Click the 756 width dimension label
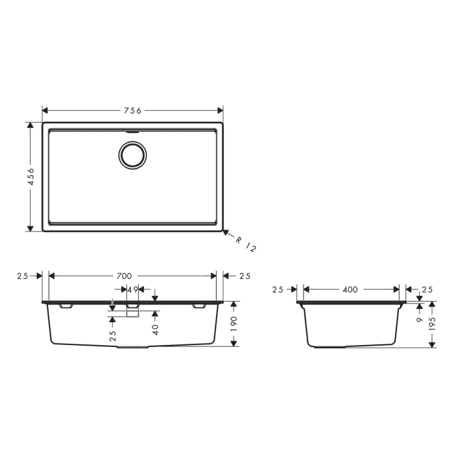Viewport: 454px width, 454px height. pyautogui.click(x=132, y=110)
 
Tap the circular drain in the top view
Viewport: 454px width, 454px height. pyautogui.click(x=132, y=156)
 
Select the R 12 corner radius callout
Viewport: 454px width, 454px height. pyautogui.click(x=246, y=245)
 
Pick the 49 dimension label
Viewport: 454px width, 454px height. pyautogui.click(x=132, y=289)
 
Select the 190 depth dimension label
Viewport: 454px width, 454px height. pyautogui.click(x=234, y=322)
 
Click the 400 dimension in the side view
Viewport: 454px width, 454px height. pyautogui.click(x=350, y=290)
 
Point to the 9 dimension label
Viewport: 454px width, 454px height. pyautogui.click(x=420, y=319)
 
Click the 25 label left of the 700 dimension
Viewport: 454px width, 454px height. pyautogui.click(x=23, y=276)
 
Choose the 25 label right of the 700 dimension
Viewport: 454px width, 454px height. pyautogui.click(x=244, y=276)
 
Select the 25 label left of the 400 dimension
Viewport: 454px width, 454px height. pyautogui.click(x=278, y=290)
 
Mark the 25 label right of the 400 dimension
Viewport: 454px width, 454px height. pyautogui.click(x=427, y=290)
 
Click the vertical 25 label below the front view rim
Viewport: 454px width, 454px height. pyautogui.click(x=113, y=336)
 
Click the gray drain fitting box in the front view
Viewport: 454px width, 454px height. pyautogui.click(x=132, y=313)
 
